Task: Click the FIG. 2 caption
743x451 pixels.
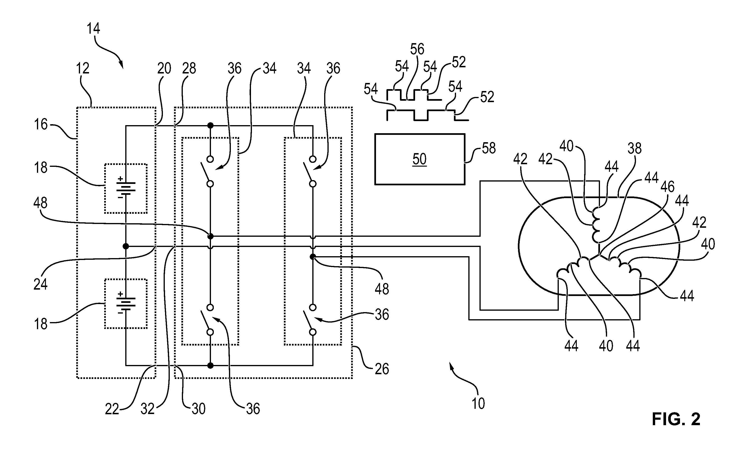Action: (x=676, y=419)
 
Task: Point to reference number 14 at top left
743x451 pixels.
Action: (x=93, y=28)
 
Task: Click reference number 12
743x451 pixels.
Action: (x=82, y=68)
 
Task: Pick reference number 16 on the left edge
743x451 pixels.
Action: (x=41, y=124)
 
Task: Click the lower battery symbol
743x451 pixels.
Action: (x=126, y=304)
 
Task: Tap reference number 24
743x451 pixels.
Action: (x=40, y=284)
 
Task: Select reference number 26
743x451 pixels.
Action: (x=382, y=369)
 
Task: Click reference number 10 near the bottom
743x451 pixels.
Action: (x=478, y=403)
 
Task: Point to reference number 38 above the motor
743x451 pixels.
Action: (x=635, y=149)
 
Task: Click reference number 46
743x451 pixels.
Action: (x=667, y=187)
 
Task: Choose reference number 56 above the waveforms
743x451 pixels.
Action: (x=417, y=49)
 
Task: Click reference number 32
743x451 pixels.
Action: (x=148, y=409)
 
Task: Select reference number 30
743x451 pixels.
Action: (x=198, y=409)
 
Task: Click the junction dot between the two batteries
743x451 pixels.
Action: (x=126, y=246)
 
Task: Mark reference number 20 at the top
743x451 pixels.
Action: (x=164, y=68)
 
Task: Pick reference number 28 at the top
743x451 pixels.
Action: (x=189, y=68)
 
